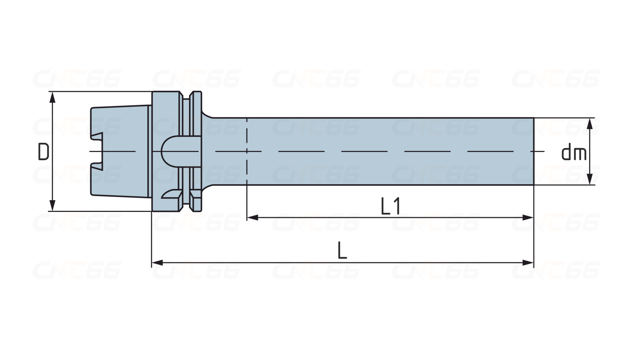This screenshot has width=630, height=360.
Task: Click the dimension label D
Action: point(43,152)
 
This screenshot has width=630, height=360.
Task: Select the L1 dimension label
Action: point(390,206)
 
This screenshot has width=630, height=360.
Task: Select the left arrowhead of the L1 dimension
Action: point(252,217)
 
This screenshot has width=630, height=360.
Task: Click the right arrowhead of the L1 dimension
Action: point(528,217)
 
